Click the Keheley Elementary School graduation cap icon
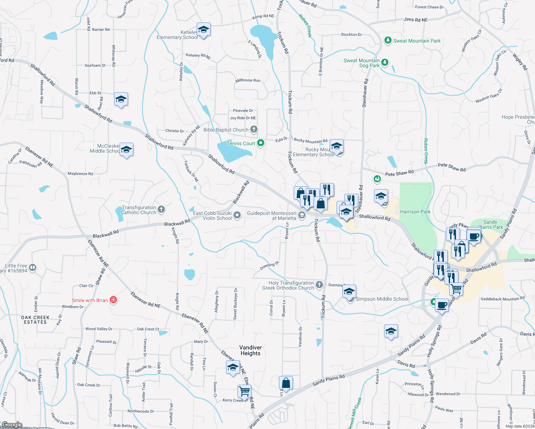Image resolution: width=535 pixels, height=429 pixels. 203,30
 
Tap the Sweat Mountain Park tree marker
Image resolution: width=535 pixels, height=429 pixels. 388,40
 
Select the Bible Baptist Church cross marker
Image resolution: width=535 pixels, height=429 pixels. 254,129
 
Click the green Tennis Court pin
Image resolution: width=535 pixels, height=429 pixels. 261,143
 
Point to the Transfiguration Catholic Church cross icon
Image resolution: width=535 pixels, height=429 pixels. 161,209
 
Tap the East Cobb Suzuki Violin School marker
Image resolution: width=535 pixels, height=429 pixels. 237,215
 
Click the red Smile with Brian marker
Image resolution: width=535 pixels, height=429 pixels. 113,300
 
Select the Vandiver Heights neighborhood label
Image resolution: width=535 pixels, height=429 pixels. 250,350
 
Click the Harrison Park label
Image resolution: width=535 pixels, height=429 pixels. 415,212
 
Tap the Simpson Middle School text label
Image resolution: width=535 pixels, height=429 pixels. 382,299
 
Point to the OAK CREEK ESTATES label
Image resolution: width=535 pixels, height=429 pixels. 35,320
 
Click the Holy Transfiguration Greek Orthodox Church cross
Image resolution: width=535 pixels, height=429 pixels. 319,285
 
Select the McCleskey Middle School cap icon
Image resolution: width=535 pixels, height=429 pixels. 126,149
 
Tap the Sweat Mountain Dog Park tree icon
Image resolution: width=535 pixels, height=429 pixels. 385,63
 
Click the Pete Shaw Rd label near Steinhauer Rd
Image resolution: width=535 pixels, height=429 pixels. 399,173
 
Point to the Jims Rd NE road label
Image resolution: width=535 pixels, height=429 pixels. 416,20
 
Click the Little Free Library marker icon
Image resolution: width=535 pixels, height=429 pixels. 33,267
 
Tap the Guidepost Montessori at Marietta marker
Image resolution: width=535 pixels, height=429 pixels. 302,215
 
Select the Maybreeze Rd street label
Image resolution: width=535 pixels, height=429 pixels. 80,174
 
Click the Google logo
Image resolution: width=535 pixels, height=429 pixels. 12,424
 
